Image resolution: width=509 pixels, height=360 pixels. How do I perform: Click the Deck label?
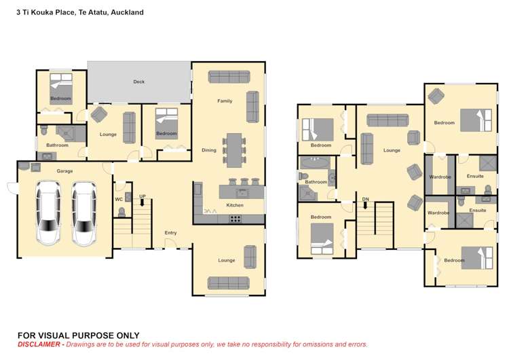click(138, 82)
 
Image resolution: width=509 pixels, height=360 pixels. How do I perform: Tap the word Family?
click(225, 101)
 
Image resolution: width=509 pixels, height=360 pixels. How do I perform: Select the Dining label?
click(209, 150)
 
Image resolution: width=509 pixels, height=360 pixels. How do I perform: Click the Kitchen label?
click(235, 204)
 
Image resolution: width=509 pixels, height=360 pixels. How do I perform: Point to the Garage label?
click(64, 171)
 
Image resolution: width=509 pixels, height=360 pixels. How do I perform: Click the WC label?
click(119, 200)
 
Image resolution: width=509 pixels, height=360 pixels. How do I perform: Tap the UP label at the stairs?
click(143, 196)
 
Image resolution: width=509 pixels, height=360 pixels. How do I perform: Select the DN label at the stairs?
click(365, 199)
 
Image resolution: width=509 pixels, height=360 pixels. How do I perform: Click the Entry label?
click(170, 233)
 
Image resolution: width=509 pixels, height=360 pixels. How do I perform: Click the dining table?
click(234, 150)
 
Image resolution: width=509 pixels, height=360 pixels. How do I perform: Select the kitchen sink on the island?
click(240, 193)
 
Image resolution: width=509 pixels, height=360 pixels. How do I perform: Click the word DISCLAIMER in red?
click(39, 344)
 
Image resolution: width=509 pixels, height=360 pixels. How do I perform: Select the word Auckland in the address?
click(128, 12)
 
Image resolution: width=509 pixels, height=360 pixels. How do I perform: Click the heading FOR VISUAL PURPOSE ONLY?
click(78, 335)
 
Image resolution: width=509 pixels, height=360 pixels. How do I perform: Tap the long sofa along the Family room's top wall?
click(229, 77)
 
